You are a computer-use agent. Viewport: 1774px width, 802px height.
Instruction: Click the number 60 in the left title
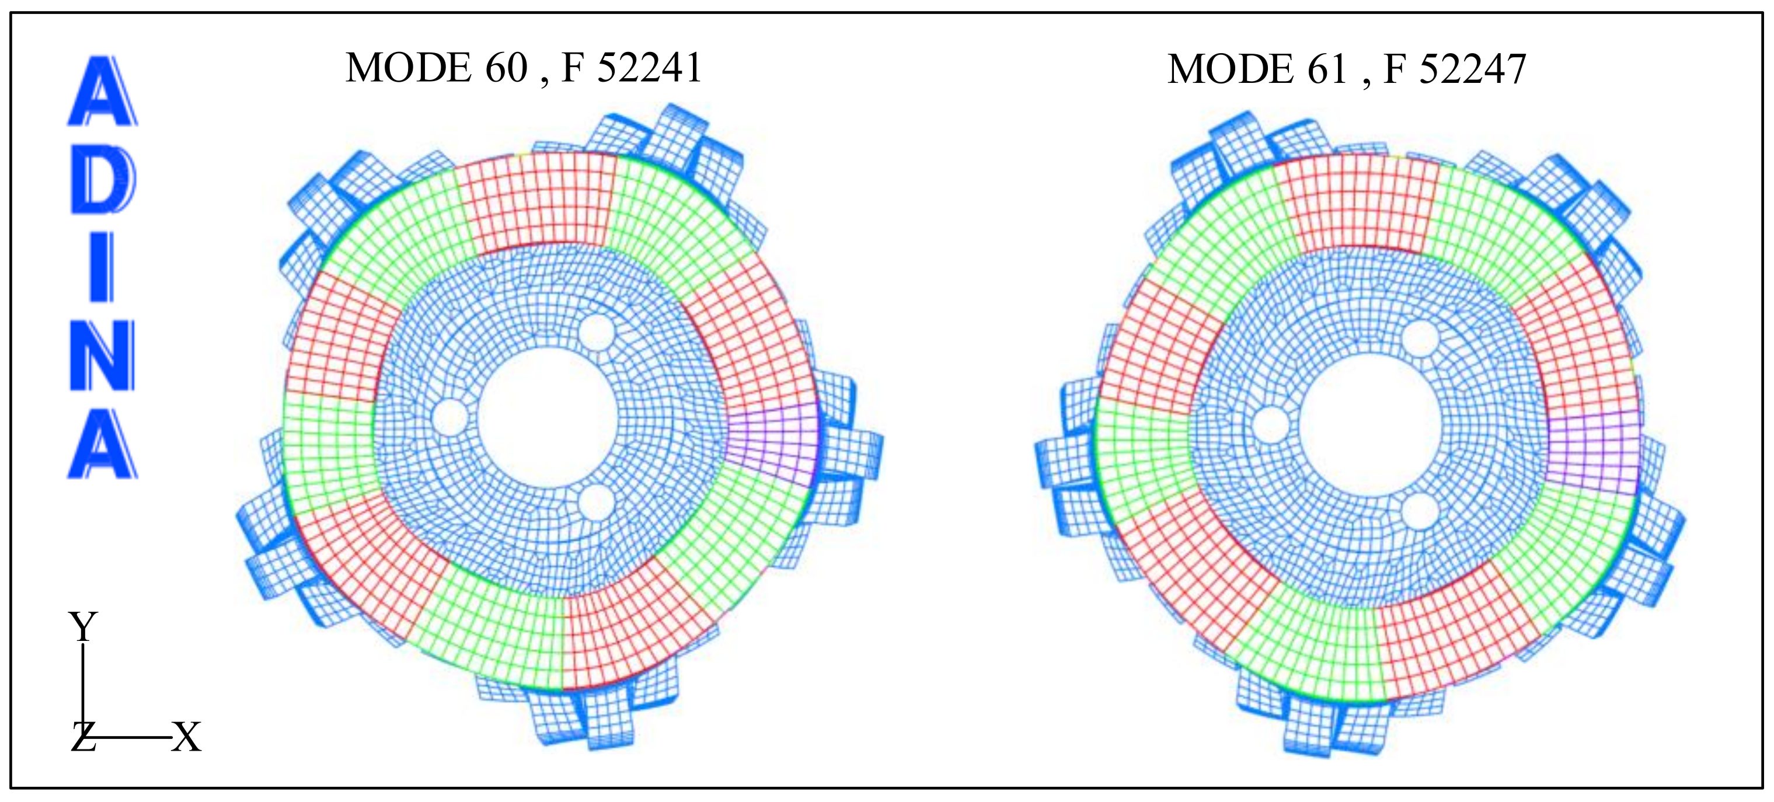(x=506, y=68)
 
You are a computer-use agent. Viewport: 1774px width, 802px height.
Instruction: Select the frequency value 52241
(x=649, y=68)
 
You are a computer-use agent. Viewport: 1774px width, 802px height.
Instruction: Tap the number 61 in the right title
(x=1326, y=69)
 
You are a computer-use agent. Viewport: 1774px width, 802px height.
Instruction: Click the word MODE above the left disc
(x=409, y=68)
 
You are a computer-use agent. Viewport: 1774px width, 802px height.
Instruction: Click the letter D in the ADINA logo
(x=103, y=178)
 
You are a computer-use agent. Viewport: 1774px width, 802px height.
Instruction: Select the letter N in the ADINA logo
(x=103, y=355)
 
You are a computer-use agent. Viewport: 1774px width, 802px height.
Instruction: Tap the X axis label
(x=186, y=737)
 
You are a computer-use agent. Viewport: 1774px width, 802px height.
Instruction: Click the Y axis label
(x=83, y=626)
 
